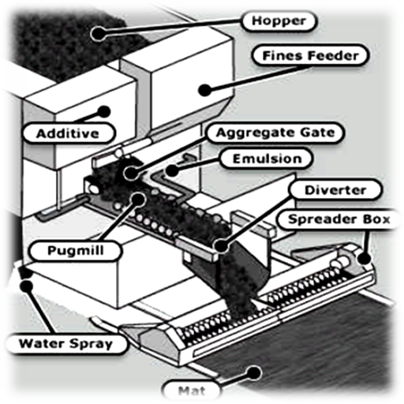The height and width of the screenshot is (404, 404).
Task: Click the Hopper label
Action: click(279, 21)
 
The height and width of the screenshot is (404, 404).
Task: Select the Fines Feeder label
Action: click(310, 55)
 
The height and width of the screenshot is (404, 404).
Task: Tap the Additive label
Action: click(68, 133)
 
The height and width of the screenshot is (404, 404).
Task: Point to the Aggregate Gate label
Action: click(275, 133)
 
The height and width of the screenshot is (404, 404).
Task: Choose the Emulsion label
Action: click(267, 159)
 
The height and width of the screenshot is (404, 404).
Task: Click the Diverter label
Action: click(335, 190)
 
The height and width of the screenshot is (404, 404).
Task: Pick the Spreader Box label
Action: click(339, 219)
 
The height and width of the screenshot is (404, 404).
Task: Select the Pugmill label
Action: click(76, 250)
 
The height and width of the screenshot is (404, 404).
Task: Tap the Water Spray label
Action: click(66, 343)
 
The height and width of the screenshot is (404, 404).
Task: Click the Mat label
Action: click(192, 391)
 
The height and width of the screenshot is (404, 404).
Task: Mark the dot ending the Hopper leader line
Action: click(98, 33)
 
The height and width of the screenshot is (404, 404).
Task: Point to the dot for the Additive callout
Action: click(104, 112)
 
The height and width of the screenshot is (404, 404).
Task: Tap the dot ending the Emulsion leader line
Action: click(171, 170)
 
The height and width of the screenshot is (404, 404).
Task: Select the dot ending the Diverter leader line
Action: click(221, 246)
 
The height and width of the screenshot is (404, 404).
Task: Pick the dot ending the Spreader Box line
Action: click(364, 258)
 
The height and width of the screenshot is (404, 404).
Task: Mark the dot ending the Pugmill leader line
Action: click(137, 199)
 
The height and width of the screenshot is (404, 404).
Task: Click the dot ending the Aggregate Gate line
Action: click(131, 173)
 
